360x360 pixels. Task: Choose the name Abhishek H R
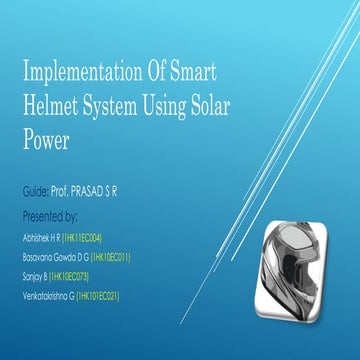point(40,239)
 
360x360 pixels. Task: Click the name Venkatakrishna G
point(48,295)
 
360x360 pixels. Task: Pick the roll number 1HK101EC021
point(100,295)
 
